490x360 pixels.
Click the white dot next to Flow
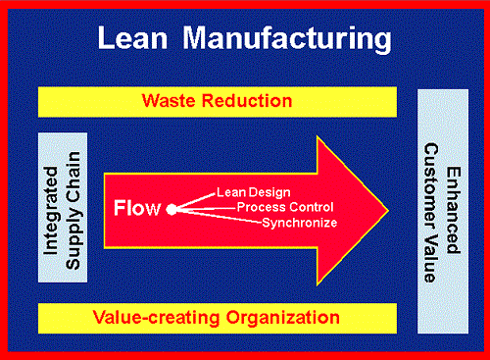pyautogui.click(x=171, y=209)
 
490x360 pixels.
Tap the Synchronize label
pyautogui.click(x=299, y=223)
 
